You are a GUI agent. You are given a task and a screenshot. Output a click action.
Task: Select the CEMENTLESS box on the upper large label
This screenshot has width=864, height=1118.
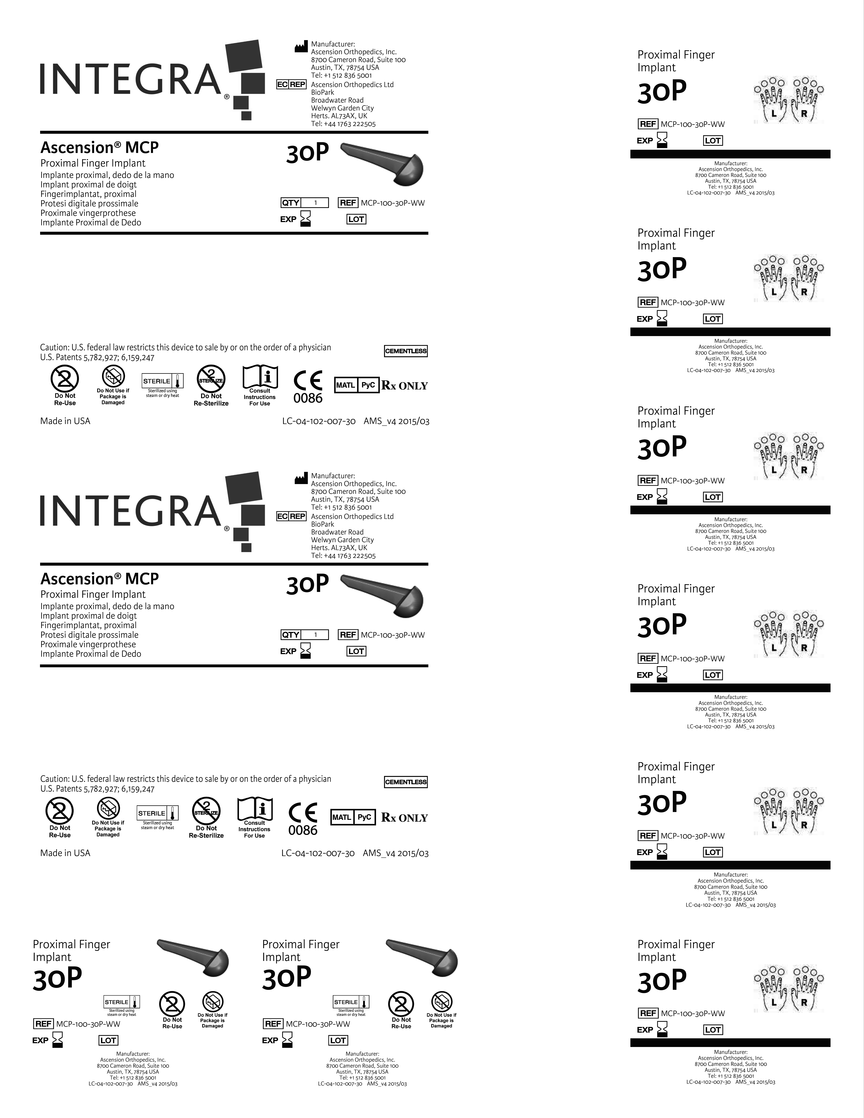[x=405, y=351]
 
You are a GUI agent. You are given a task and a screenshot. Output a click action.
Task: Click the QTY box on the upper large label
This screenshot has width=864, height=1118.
[x=304, y=203]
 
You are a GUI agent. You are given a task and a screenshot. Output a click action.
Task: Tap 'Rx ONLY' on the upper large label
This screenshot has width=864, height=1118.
[x=404, y=386]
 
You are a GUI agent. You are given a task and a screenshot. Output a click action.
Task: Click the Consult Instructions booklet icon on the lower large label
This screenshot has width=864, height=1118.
[x=254, y=810]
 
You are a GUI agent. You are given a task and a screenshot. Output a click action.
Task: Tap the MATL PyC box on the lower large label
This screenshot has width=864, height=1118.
[x=353, y=818]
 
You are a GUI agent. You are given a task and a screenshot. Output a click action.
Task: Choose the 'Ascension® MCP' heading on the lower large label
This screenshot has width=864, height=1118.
[x=99, y=579]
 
